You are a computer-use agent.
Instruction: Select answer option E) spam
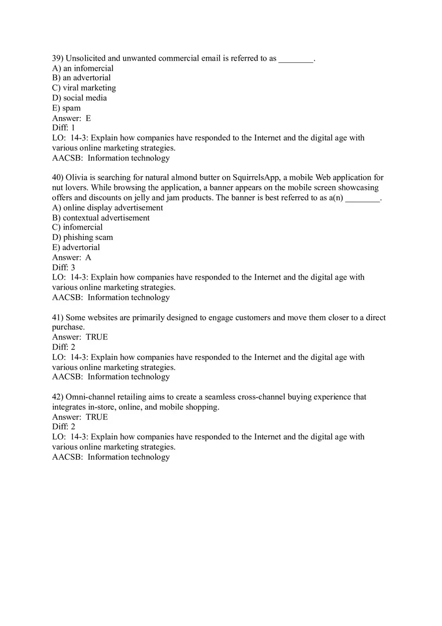[66, 108]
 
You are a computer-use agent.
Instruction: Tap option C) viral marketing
[84, 88]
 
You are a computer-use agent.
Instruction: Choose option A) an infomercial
[83, 68]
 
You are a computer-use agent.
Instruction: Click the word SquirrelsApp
[256, 178]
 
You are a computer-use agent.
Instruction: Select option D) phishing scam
[82, 237]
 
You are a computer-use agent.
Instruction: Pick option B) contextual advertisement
[100, 218]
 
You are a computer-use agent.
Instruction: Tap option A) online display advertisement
[107, 208]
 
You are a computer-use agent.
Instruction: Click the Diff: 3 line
[63, 268]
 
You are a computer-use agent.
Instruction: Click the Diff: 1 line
[63, 128]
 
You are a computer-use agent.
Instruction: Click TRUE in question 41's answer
[96, 337]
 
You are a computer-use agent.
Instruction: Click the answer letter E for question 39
[88, 118]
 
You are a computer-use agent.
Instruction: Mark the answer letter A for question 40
[88, 258]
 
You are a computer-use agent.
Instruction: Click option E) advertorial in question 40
[76, 247]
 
